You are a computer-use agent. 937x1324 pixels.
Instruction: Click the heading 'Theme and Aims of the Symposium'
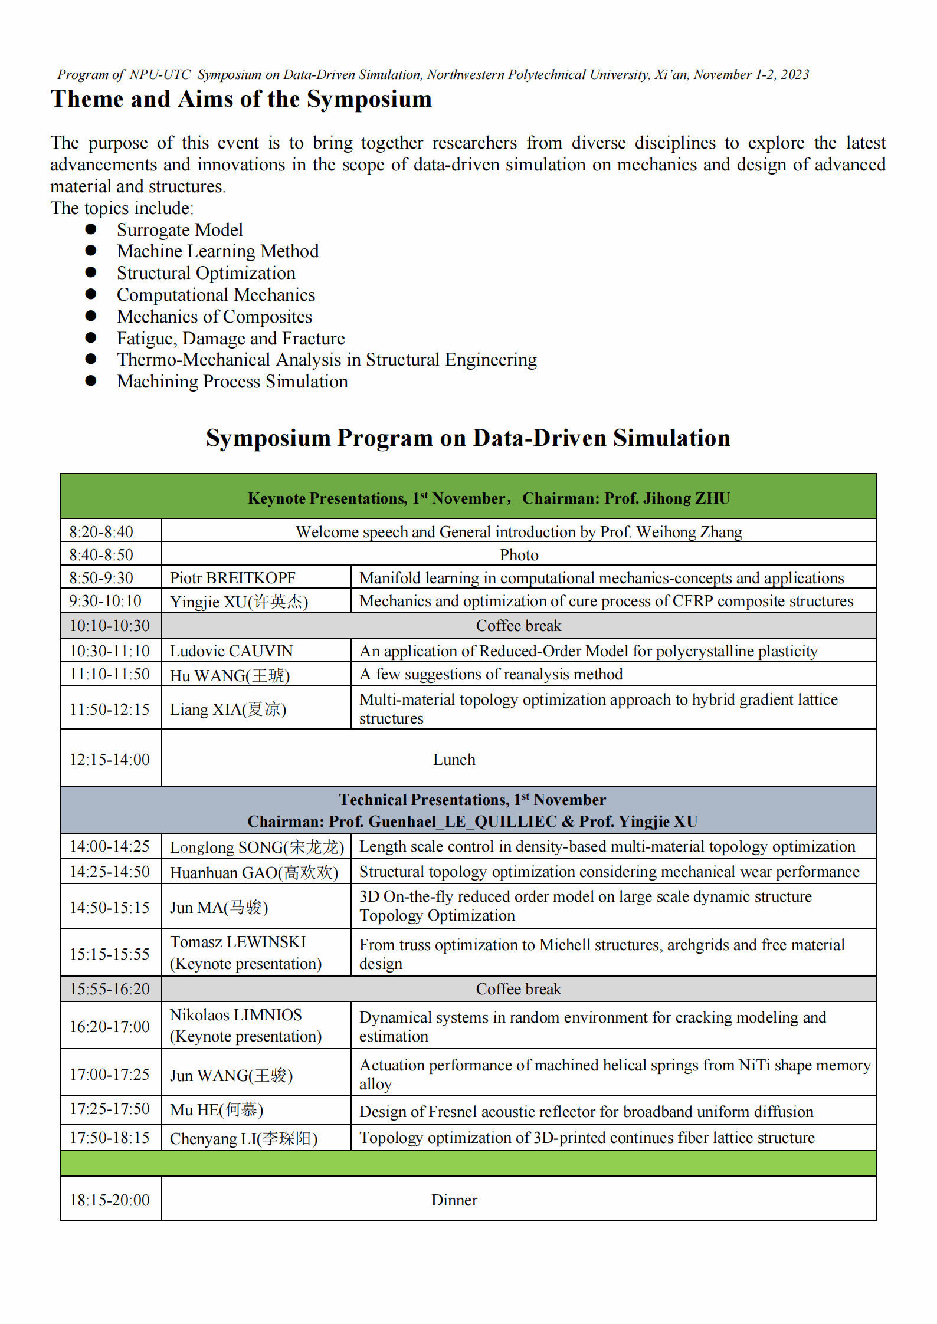(x=241, y=99)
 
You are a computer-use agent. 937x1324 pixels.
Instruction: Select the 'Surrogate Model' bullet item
(x=179, y=229)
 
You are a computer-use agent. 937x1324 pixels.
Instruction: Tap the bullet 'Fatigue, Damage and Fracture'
(x=231, y=338)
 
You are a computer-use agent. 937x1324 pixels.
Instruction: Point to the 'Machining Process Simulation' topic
(x=232, y=382)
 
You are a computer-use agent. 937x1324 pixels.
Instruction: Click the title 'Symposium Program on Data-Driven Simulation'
(x=468, y=438)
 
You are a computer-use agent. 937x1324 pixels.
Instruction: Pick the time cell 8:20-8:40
(x=101, y=531)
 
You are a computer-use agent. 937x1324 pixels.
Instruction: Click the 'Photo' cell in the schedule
(x=519, y=554)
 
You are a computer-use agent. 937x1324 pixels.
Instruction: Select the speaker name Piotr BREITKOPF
(x=232, y=577)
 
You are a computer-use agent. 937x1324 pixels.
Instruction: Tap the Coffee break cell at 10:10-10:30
(x=519, y=625)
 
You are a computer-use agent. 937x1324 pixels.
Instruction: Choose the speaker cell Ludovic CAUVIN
(x=231, y=650)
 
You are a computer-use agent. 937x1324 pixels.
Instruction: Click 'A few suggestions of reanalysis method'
(x=491, y=674)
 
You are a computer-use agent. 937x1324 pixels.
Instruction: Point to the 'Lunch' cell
(x=454, y=759)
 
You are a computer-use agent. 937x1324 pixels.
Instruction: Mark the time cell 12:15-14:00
(x=110, y=759)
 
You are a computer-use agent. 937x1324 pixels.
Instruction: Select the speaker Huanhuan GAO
(x=254, y=872)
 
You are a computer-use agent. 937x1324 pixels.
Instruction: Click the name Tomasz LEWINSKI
(x=238, y=942)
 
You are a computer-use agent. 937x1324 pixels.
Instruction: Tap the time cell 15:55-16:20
(x=110, y=989)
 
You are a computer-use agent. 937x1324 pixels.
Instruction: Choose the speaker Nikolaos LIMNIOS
(x=235, y=1015)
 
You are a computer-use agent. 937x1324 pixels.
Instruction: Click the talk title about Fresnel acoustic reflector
(x=586, y=1112)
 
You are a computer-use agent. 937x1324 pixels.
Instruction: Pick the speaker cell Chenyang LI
(x=244, y=1138)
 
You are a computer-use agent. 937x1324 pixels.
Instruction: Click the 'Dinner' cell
(x=454, y=1200)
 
